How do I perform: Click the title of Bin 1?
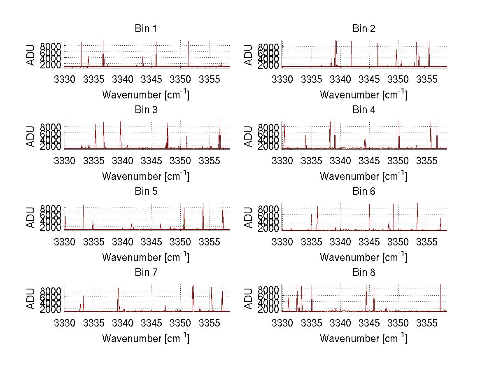coord(145,29)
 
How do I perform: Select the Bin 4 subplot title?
coord(364,110)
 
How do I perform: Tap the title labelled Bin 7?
coord(145,273)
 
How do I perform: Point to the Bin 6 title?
coord(364,191)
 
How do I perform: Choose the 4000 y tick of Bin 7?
coord(51,303)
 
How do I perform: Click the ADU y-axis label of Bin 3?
coord(31,136)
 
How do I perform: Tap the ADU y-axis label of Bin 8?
coord(249,299)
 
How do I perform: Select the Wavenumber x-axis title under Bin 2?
coord(364,95)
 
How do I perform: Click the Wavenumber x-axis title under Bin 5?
coord(145,257)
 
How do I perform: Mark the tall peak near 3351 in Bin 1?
coord(188,42)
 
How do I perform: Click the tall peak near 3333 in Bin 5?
coord(83,206)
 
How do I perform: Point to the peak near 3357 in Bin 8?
coord(440,285)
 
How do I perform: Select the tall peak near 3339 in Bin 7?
coord(118,288)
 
